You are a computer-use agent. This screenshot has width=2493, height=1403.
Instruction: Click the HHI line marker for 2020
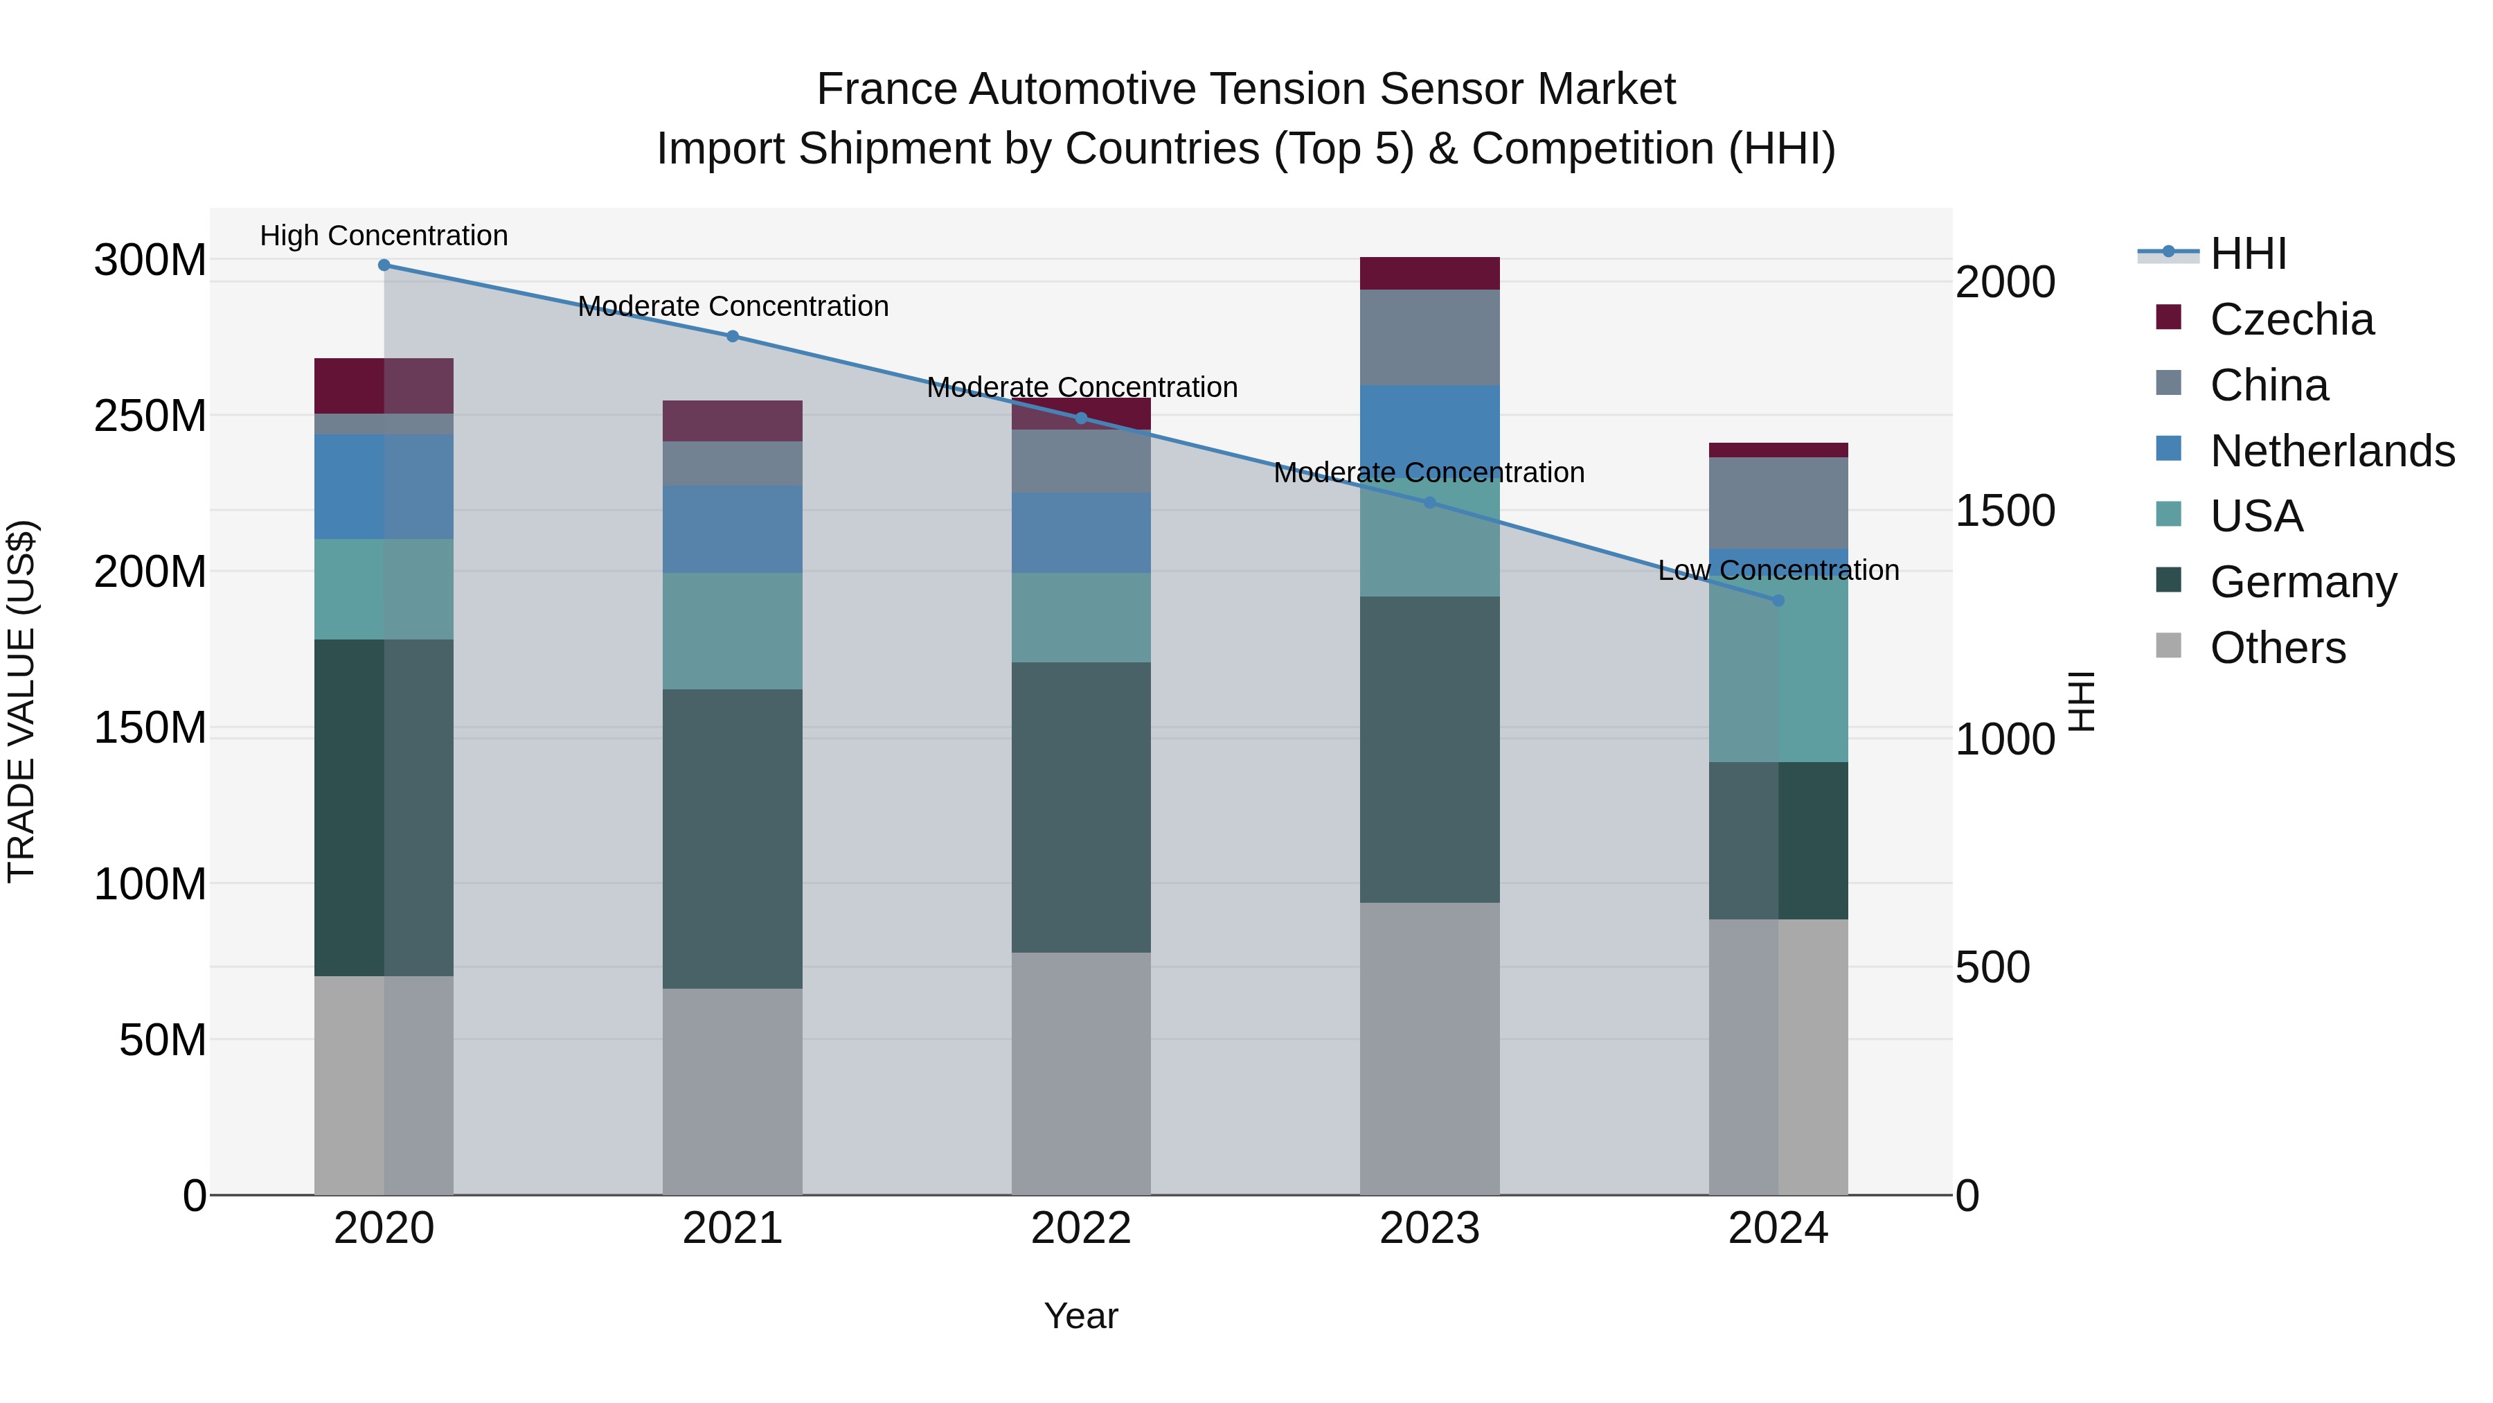pos(384,265)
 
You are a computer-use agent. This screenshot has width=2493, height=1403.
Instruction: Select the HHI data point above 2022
pos(1081,418)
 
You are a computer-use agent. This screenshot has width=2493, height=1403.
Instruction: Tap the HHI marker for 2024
pos(1778,600)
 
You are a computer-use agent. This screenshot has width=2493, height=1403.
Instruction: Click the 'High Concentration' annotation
pos(384,236)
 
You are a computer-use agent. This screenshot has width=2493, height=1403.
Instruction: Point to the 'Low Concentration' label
pos(1778,570)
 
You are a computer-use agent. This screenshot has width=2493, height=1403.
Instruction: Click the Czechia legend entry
pos(2291,319)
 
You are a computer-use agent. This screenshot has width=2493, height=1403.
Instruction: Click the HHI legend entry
pos(2248,254)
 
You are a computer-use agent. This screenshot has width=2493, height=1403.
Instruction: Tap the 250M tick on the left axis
pos(150,416)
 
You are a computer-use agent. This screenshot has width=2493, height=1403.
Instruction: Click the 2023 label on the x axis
pos(1429,1228)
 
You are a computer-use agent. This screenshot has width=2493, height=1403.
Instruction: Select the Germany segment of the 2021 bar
pos(733,838)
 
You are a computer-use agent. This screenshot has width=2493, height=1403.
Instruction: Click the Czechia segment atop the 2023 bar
pos(1429,273)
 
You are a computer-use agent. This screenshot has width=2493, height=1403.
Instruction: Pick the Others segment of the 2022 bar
pos(1081,1073)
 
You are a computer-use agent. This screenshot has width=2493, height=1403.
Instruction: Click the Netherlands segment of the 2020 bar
pos(384,486)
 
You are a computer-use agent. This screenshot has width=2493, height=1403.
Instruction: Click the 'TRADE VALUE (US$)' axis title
pos(21,701)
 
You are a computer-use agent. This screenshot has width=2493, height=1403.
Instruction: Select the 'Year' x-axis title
pos(1081,1316)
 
